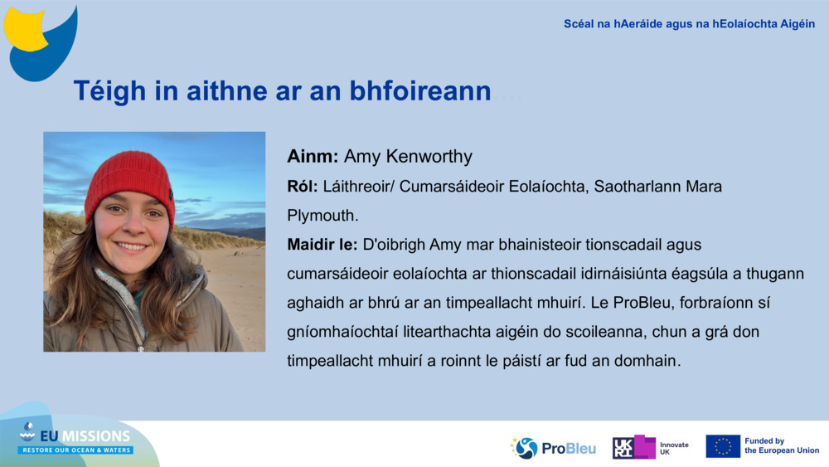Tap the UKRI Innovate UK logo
click(x=650, y=448)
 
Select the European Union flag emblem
click(x=723, y=446)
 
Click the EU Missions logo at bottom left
click(x=75, y=440)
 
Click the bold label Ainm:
click(x=313, y=157)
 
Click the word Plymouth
click(x=322, y=216)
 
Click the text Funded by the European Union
click(x=782, y=446)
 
